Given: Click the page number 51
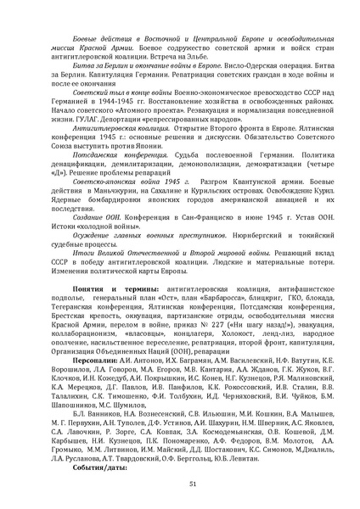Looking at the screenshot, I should click(180, 483).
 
